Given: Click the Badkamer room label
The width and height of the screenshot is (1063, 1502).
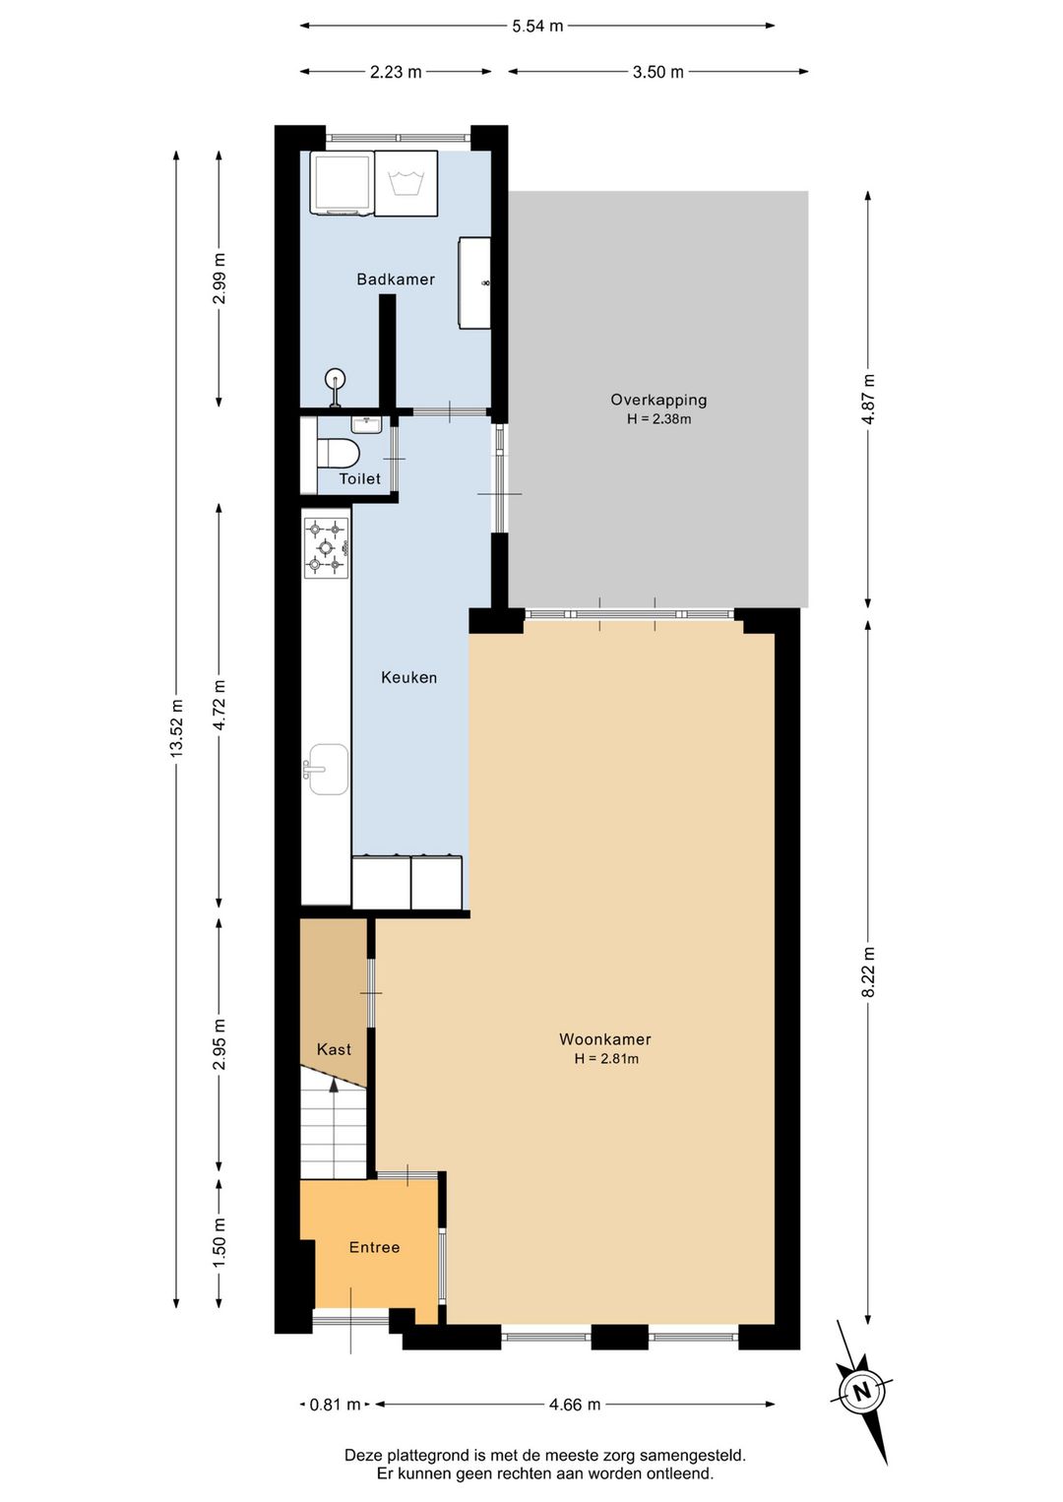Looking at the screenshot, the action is pos(395,279).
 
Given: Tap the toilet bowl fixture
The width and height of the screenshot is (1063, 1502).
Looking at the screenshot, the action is pos(338,454).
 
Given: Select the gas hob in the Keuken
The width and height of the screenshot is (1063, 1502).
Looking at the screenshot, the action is pos(326,548).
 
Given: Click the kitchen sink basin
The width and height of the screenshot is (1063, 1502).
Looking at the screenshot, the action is pos(327,769).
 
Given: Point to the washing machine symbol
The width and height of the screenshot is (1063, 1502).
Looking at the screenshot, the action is pos(406,183).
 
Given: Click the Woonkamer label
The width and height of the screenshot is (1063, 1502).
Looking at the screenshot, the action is pos(605,1039).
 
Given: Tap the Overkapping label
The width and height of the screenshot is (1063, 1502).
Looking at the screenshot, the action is pos(657,400).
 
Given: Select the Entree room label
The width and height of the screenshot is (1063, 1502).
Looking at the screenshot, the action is pos(374,1247).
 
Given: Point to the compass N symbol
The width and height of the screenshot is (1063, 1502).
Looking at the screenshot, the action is pos(862,1390).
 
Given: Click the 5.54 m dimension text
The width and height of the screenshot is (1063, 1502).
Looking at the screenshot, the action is pos(537,27).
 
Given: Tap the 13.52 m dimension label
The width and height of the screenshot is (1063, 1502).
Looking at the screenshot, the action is pos(176,727).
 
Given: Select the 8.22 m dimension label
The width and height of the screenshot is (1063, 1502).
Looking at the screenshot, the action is pos(868,971).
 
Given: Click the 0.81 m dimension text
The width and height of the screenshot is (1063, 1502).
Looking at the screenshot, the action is pos(335,1405).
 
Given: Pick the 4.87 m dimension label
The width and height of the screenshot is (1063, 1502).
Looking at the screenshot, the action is pos(868,400).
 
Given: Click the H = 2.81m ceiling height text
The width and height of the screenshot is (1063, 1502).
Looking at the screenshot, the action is pos(605,1059).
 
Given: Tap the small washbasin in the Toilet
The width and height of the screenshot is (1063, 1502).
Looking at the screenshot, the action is pos(365,424).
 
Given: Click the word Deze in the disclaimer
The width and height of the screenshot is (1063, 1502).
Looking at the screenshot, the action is pos(362,1455).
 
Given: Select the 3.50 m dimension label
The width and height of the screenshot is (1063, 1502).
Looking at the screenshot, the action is pos(657,72).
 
